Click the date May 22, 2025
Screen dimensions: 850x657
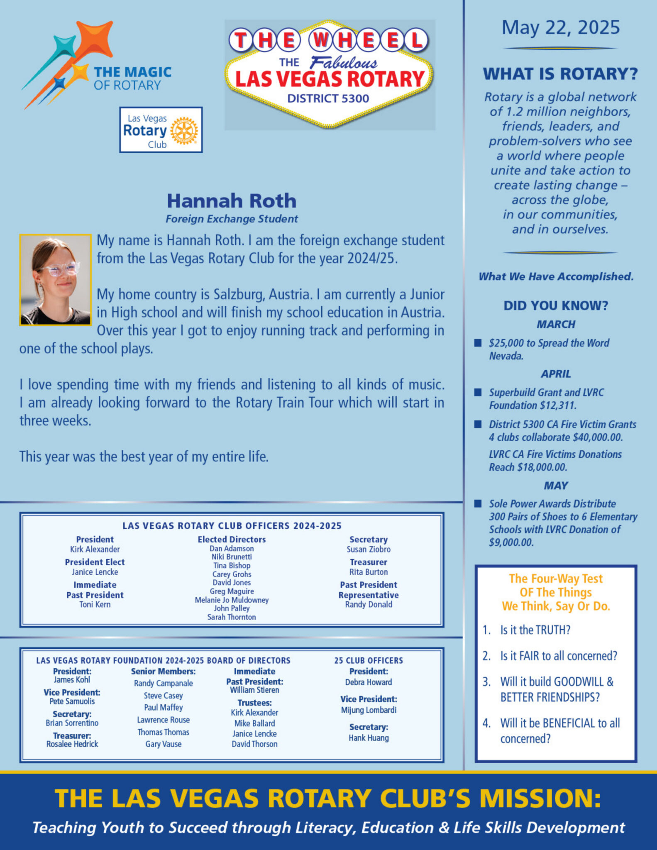(x=560, y=28)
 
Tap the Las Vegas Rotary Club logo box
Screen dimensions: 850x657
(x=161, y=130)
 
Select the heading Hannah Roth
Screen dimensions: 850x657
(x=232, y=201)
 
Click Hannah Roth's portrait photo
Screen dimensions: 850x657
(x=55, y=280)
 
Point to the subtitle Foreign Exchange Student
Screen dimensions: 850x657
(x=232, y=219)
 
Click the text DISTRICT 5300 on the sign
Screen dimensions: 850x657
(x=328, y=98)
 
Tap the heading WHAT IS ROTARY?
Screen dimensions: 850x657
(x=560, y=74)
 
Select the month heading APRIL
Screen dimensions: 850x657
(x=556, y=374)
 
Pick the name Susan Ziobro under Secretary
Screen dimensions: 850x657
(x=369, y=549)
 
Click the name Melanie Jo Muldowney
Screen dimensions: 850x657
(x=232, y=600)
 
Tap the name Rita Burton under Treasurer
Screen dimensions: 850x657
(x=369, y=572)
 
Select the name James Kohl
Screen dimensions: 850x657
(x=72, y=679)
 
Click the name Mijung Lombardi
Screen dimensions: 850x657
(x=369, y=710)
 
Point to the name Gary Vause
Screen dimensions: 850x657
(x=163, y=744)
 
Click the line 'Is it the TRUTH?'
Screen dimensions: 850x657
(x=535, y=630)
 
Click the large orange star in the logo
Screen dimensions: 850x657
(x=94, y=39)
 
